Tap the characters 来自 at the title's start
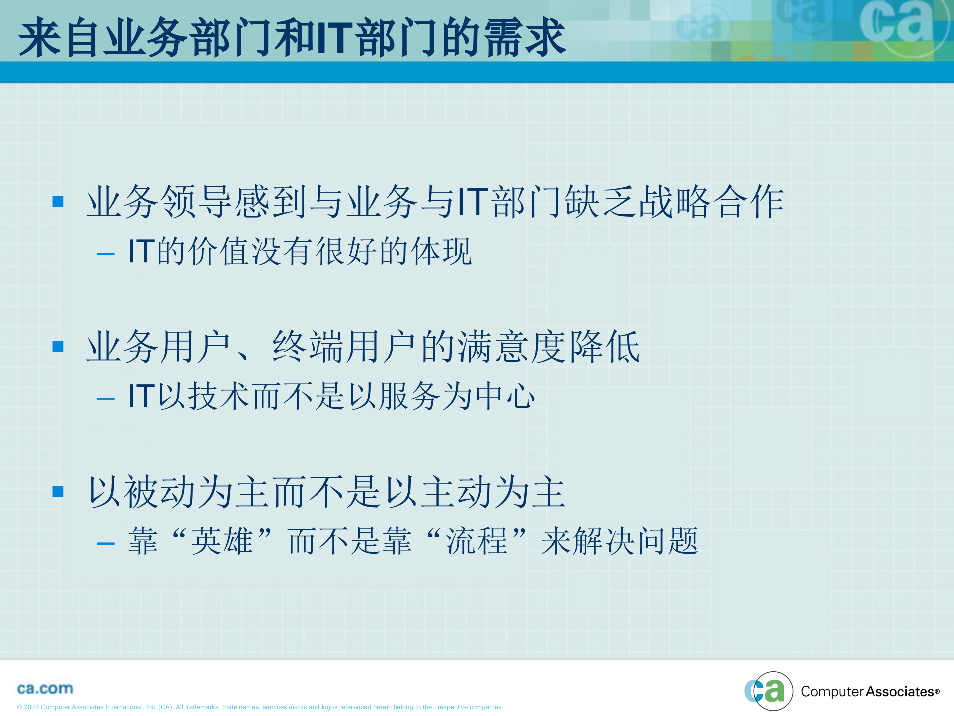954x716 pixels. click(x=60, y=38)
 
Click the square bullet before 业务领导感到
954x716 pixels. click(x=58, y=201)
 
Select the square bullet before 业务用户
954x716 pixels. click(x=58, y=346)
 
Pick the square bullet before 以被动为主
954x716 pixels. click(x=58, y=491)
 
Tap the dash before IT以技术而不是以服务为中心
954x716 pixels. click(x=105, y=399)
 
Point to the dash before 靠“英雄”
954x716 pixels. click(x=105, y=544)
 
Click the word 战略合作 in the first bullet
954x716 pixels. click(x=711, y=202)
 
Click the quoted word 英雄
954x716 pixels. click(x=222, y=541)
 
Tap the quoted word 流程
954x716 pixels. click(x=476, y=541)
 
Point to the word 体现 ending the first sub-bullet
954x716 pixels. click(x=441, y=251)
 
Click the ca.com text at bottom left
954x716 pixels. click(x=45, y=689)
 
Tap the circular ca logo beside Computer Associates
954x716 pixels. click(x=769, y=691)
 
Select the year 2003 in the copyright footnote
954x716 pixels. click(x=31, y=707)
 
